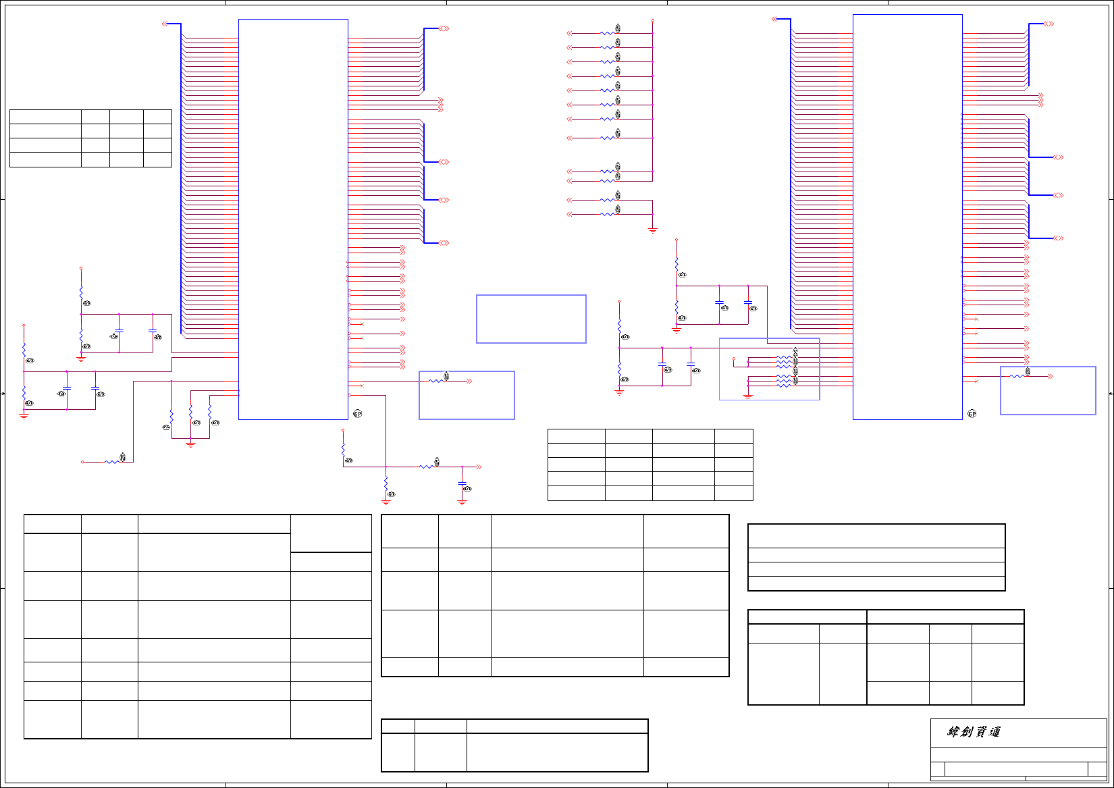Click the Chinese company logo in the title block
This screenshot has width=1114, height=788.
(973, 732)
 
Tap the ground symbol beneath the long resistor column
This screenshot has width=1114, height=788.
(652, 230)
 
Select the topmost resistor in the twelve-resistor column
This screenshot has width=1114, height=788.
(608, 33)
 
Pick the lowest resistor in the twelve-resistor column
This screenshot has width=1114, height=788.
(608, 214)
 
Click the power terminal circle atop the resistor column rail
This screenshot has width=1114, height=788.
(652, 20)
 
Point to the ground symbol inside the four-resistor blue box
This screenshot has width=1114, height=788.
(748, 396)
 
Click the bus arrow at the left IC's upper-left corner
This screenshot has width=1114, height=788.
(165, 24)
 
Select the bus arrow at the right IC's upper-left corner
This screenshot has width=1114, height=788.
(774, 19)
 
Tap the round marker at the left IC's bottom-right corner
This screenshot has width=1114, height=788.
(358, 413)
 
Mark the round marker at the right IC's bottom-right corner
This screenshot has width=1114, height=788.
(972, 413)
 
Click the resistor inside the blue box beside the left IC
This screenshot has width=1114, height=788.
(437, 382)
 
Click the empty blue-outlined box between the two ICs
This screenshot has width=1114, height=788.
(531, 319)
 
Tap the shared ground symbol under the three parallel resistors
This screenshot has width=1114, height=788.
(190, 444)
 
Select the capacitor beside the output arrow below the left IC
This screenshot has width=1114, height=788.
(462, 484)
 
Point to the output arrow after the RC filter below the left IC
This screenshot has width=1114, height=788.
(478, 467)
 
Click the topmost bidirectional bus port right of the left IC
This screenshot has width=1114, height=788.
(444, 28)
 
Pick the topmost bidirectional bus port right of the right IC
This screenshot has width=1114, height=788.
(1049, 24)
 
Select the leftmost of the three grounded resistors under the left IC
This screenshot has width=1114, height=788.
(171, 416)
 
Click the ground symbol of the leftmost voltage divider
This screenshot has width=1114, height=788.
(24, 416)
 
